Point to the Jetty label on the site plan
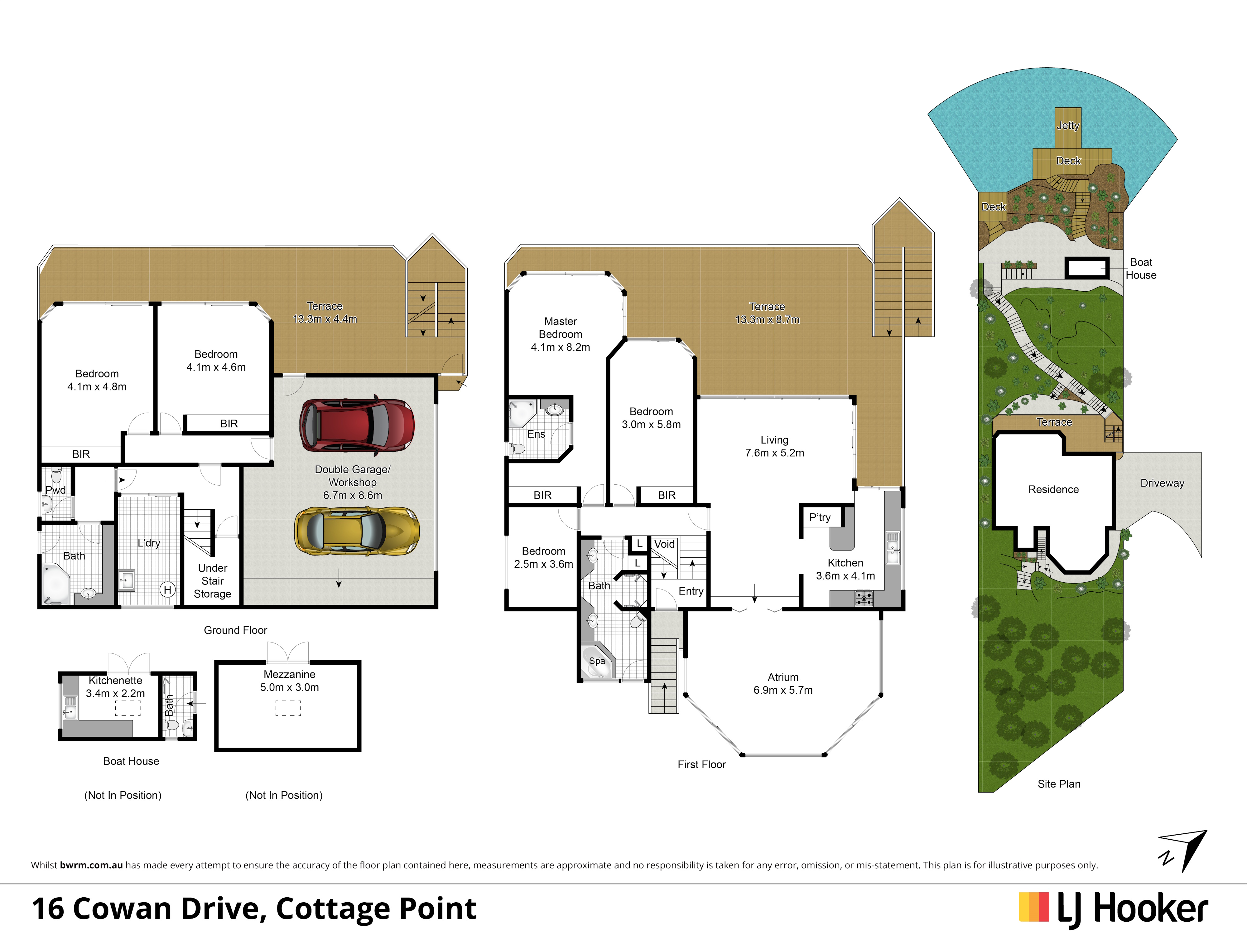(1068, 125)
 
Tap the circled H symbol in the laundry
(167, 590)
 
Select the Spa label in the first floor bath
(597, 661)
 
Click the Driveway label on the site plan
(1162, 483)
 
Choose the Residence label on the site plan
(1053, 489)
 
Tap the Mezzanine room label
(289, 674)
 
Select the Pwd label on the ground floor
(55, 490)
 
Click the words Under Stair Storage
(213, 581)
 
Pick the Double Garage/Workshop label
(352, 476)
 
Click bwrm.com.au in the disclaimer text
(91, 865)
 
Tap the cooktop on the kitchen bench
(864, 598)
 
